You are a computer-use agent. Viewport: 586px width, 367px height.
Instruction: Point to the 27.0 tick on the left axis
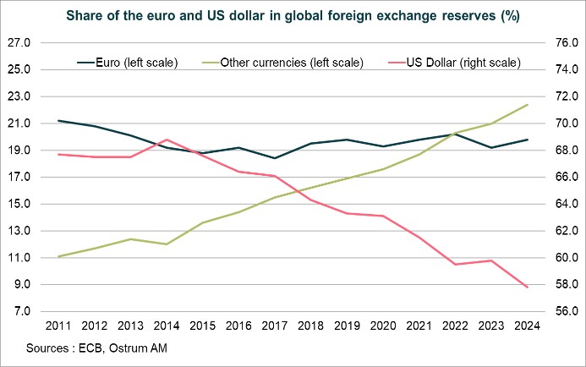19,43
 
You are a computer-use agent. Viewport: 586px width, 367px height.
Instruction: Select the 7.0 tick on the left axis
22,311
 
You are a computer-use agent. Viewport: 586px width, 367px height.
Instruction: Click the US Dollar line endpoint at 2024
528,288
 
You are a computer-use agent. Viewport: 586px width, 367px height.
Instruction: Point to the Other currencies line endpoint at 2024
528,105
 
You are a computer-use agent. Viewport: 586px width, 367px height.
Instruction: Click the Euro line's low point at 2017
275,158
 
